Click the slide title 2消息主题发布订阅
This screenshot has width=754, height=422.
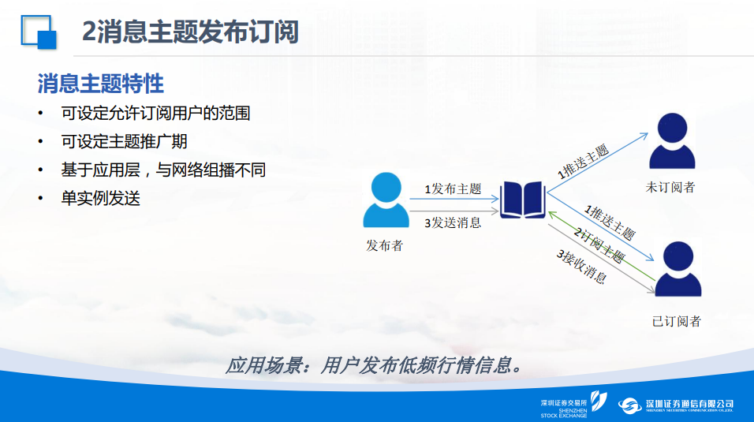tap(190, 32)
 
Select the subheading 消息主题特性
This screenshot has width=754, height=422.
tap(101, 84)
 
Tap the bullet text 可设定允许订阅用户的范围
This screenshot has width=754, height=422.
tap(156, 114)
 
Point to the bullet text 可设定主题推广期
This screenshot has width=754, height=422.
tap(124, 142)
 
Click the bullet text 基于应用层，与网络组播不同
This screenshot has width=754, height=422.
tap(163, 170)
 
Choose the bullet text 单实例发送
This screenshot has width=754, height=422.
tap(100, 198)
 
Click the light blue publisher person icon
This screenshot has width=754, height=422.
tap(386, 200)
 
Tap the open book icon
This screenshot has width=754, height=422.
tap(523, 200)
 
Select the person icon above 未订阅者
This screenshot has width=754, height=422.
tap(672, 140)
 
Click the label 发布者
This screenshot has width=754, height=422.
tap(384, 246)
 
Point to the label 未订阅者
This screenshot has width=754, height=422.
tap(670, 187)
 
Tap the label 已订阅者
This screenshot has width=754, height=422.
tap(676, 322)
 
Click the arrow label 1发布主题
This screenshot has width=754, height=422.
tap(453, 189)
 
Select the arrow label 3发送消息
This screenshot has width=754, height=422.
tap(453, 222)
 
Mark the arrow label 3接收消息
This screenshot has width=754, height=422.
tap(582, 266)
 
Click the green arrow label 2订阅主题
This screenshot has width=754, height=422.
tap(599, 245)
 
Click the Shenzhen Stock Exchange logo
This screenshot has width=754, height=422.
tap(573, 404)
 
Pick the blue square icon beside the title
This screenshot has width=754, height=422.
tap(39, 32)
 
